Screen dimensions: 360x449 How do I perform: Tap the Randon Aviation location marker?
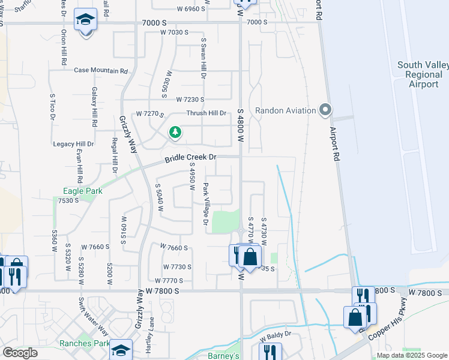point(325,110)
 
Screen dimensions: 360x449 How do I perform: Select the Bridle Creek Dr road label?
point(190,157)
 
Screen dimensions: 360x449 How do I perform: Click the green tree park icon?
point(175,131)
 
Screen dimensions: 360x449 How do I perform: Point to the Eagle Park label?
point(83,191)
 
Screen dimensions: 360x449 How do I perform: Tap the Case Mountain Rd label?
point(101,70)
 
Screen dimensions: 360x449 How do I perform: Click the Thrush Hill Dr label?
point(206,113)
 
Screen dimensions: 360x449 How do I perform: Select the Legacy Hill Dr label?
point(73,144)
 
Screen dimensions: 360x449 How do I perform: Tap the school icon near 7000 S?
point(85,19)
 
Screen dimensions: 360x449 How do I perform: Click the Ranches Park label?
point(84,344)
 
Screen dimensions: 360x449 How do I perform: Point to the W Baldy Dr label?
point(276,334)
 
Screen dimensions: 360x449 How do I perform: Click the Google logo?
point(19,352)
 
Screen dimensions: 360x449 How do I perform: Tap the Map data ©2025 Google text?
point(411,355)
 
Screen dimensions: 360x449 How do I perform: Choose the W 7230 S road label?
point(190,100)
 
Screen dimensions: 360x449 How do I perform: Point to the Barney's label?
point(224,356)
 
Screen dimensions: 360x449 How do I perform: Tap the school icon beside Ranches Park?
point(121,350)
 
